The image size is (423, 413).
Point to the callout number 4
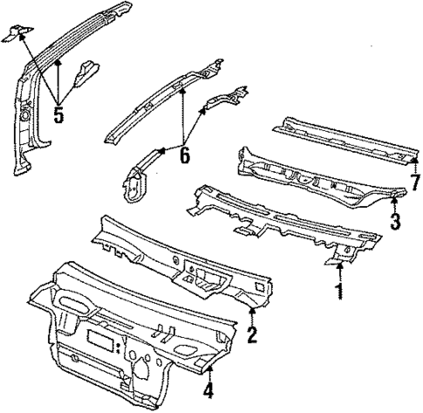[209, 389]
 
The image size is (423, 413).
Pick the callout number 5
[59, 114]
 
